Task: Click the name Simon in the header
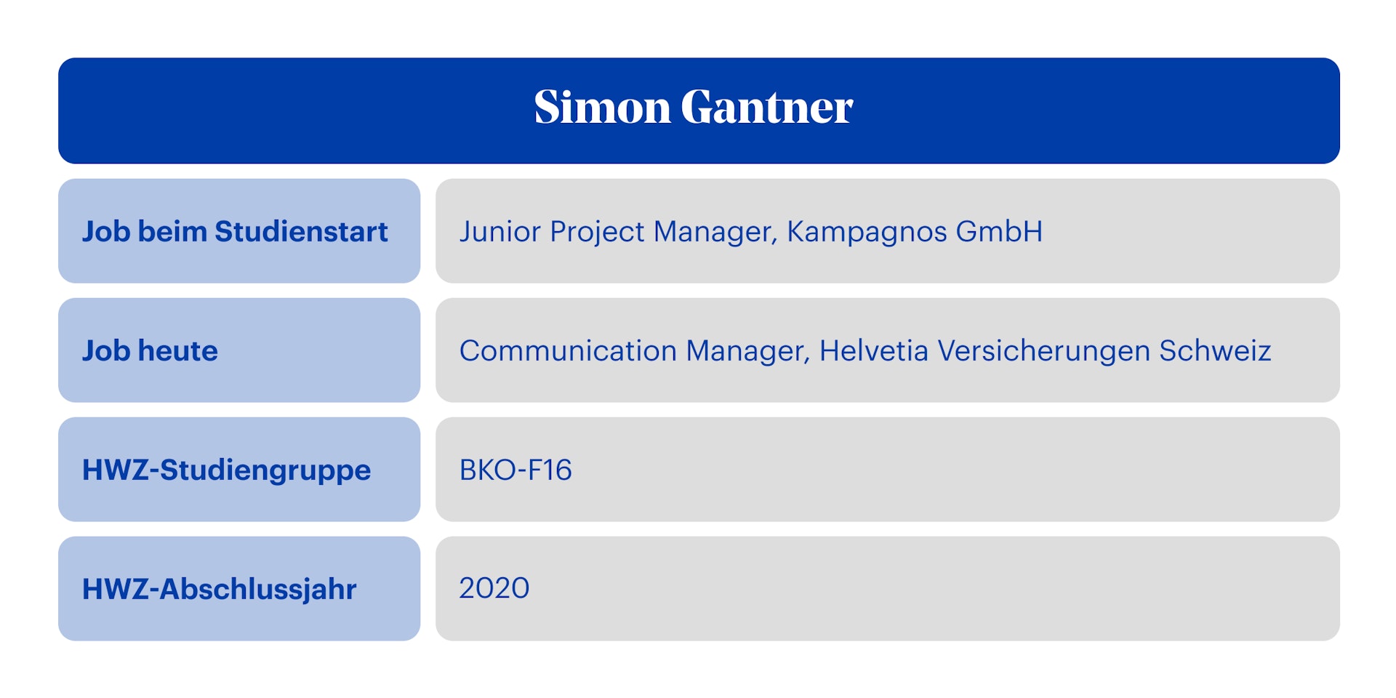tap(602, 108)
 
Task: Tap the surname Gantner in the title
tap(766, 108)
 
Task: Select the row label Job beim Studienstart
tap(235, 232)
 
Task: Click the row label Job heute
tap(150, 351)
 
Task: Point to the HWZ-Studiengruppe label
tap(226, 470)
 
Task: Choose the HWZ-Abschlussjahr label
tap(219, 590)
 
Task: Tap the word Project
tap(597, 232)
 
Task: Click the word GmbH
tap(999, 232)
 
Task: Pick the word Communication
tap(568, 351)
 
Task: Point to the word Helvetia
tap(874, 351)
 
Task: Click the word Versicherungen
tap(1043, 351)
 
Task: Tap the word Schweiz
tap(1215, 351)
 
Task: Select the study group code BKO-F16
tap(516, 470)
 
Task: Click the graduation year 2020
tap(494, 588)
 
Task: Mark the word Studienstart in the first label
tap(301, 232)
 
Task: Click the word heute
tap(178, 351)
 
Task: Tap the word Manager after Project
tap(715, 232)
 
